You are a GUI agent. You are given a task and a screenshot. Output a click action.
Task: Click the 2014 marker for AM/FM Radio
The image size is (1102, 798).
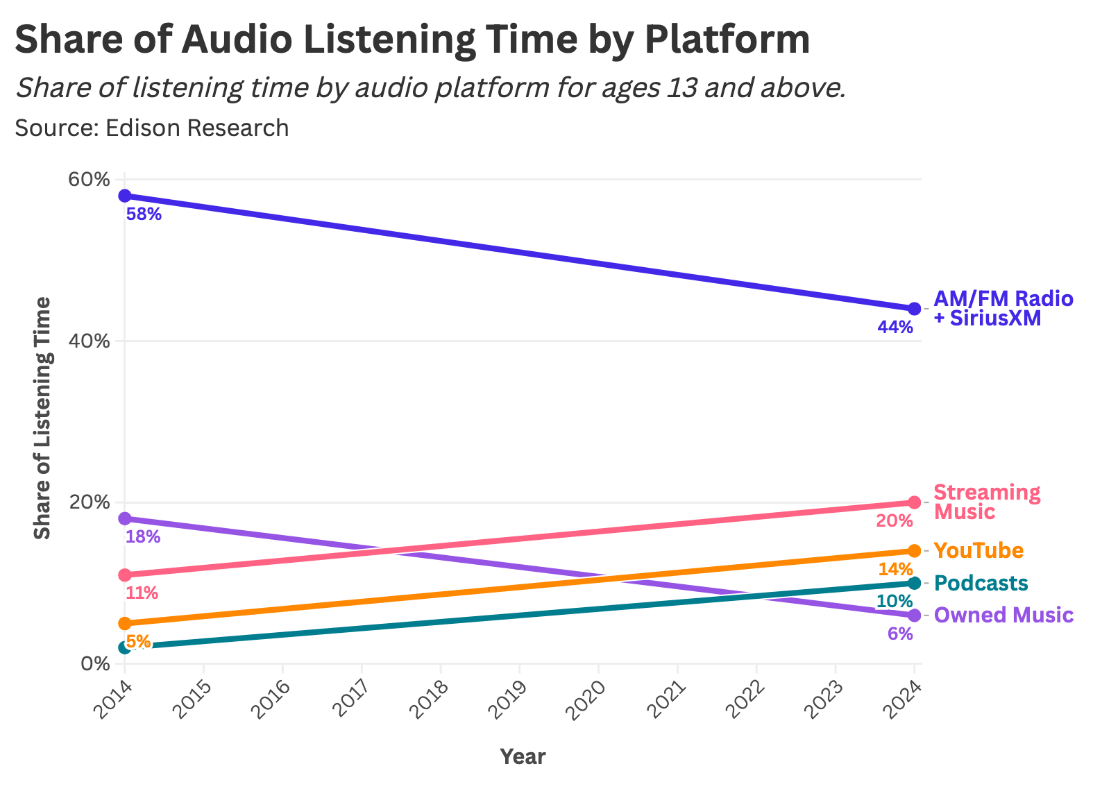(x=125, y=196)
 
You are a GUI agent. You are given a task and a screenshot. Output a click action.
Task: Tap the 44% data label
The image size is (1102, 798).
(x=895, y=327)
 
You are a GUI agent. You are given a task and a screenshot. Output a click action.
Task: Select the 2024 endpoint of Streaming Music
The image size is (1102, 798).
(x=914, y=502)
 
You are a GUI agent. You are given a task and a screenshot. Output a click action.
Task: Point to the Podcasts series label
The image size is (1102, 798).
(x=981, y=583)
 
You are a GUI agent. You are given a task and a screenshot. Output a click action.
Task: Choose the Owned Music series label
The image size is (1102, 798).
(x=1003, y=616)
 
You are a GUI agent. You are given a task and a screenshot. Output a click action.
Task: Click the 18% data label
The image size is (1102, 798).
(x=143, y=537)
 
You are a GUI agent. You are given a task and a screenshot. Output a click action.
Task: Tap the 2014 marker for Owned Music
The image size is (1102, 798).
(x=125, y=519)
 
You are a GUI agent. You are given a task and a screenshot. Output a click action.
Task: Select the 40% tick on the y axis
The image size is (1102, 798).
(x=90, y=341)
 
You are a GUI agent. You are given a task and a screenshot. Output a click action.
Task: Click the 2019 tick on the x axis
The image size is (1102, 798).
(x=509, y=699)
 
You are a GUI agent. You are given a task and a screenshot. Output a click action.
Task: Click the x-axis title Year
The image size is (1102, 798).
(x=523, y=757)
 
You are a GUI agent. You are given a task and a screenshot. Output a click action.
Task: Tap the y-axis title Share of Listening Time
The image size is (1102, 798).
(x=43, y=418)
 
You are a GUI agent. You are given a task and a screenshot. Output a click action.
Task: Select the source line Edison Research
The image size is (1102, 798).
(x=151, y=128)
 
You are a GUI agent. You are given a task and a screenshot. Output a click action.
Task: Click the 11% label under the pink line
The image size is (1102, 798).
(x=142, y=593)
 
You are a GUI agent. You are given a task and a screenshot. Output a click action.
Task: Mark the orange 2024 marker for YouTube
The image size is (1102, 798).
(x=914, y=551)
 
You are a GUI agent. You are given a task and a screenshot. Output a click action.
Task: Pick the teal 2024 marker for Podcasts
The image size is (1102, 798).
(x=914, y=583)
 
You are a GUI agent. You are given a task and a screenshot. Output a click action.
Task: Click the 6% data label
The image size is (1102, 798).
(x=900, y=634)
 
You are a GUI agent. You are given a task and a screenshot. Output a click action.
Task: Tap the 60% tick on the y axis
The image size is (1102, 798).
(x=90, y=180)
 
